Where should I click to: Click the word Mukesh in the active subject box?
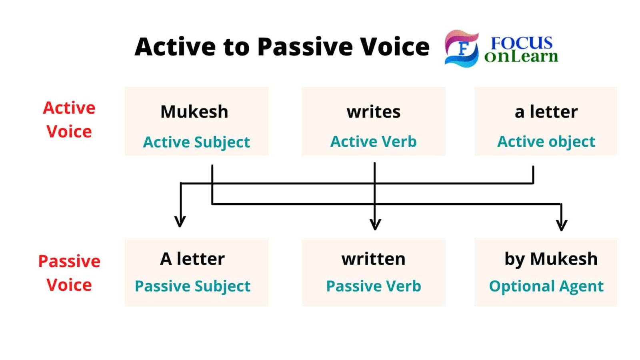click(194, 112)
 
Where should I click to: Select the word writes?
click(373, 112)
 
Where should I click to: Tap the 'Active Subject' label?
click(196, 142)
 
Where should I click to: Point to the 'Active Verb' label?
click(373, 142)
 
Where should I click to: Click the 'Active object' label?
click(546, 142)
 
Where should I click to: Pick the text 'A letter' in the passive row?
click(192, 259)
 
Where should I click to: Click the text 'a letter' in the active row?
click(546, 112)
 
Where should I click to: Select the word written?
click(373, 259)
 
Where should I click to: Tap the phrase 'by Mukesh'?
click(551, 259)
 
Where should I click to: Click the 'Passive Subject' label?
click(192, 286)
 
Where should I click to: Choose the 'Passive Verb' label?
click(373, 286)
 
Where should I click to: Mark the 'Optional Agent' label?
click(546, 286)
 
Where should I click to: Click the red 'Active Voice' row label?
click(69, 120)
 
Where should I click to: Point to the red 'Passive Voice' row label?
click(69, 273)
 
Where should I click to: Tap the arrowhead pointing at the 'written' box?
click(375, 224)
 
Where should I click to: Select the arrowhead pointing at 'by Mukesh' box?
click(562, 225)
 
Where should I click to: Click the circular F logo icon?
click(462, 48)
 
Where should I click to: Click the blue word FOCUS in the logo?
click(521, 43)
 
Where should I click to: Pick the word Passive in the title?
click(304, 47)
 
